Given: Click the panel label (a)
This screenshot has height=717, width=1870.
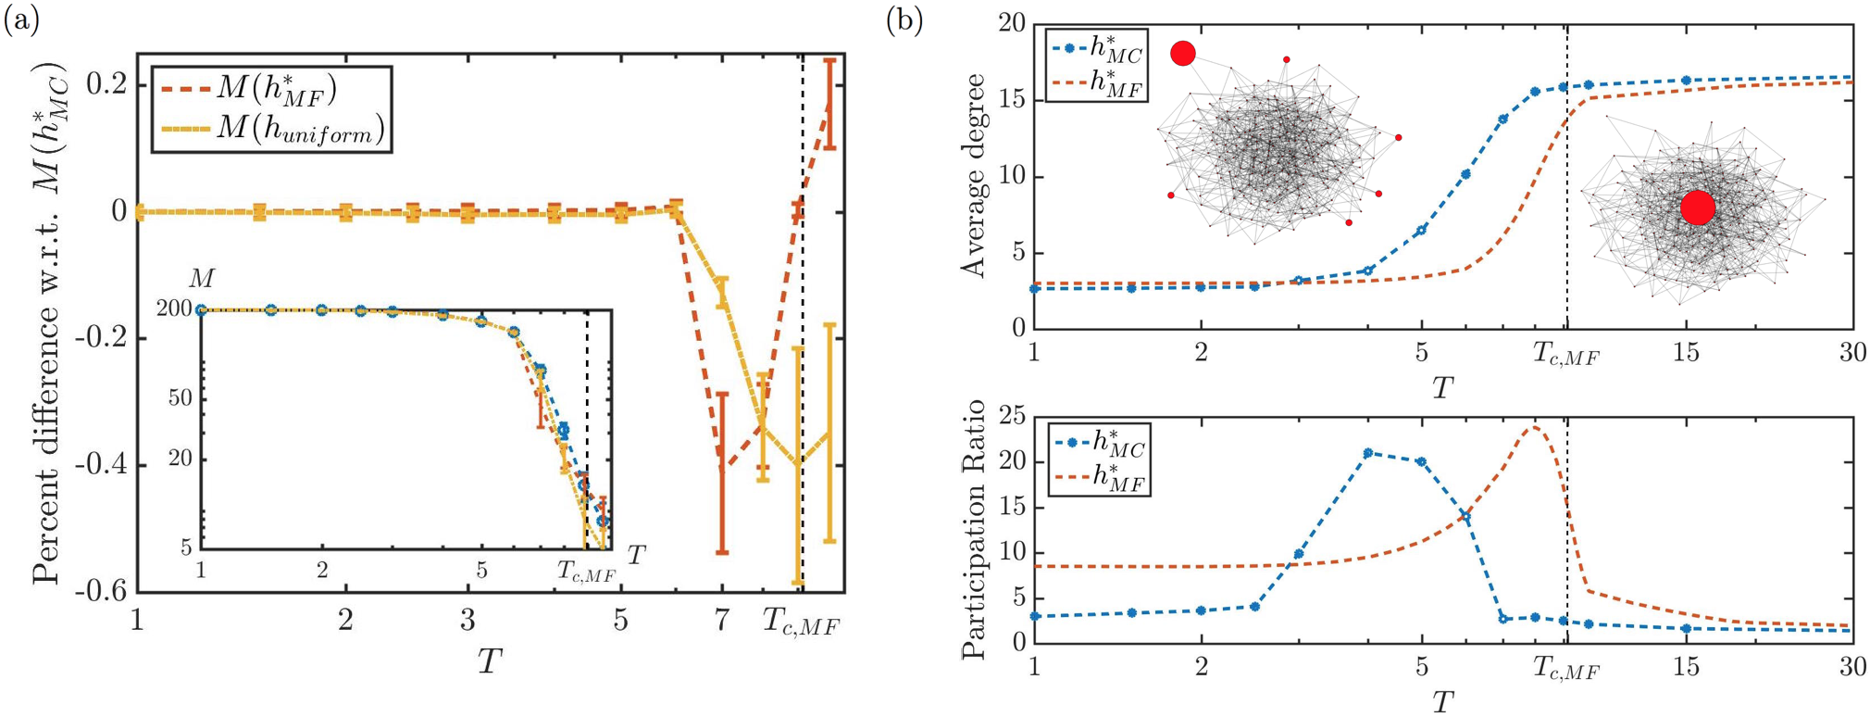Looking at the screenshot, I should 21,20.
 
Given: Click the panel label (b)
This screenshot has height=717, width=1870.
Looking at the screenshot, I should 904,20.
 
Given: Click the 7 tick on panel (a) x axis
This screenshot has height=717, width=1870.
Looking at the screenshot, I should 722,621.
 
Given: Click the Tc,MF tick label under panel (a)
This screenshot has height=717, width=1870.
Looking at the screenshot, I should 801,623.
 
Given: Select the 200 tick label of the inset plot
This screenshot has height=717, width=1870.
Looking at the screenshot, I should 174,309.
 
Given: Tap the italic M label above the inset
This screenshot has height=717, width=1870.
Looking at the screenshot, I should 201,279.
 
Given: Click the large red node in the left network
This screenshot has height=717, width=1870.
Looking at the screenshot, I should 1183,54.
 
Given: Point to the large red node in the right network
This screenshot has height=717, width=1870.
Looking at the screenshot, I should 1697,208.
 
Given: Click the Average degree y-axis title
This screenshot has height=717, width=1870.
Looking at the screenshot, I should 974,177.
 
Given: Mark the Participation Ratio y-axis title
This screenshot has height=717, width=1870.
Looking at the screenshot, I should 974,530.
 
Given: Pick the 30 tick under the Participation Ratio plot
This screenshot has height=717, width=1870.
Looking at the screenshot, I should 1851,667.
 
